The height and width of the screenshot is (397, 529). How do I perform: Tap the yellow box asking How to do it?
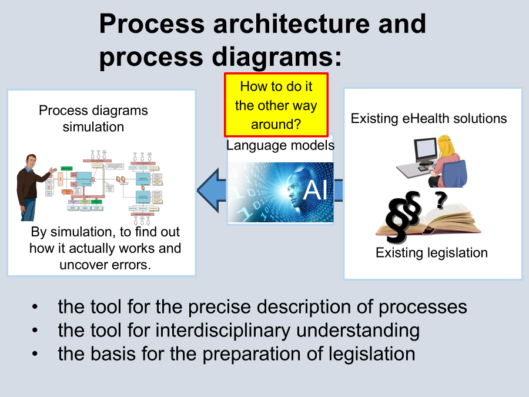(x=276, y=105)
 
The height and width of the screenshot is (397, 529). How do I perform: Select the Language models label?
(x=280, y=145)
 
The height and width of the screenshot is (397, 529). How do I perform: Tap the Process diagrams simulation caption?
(x=93, y=118)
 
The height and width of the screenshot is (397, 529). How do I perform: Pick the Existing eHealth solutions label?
(x=428, y=118)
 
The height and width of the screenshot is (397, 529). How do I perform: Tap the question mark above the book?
(x=440, y=201)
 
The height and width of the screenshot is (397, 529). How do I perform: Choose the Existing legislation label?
(x=431, y=253)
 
